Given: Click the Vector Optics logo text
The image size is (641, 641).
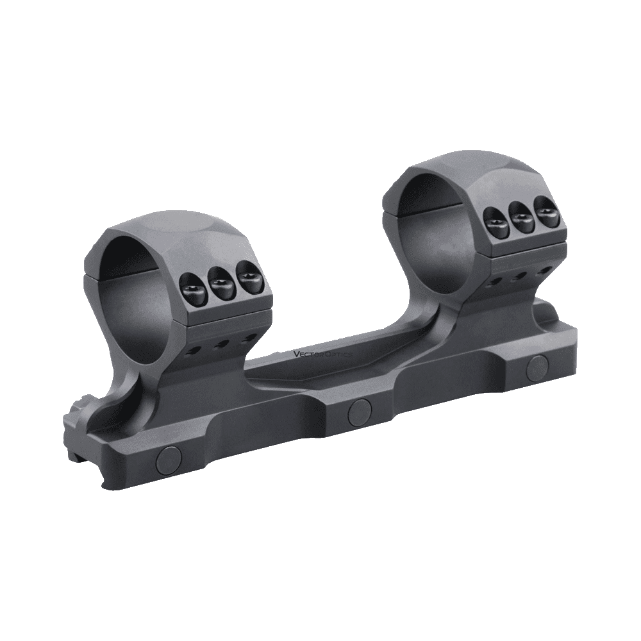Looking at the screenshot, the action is coord(323,354).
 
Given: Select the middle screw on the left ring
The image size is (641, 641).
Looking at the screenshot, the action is coord(221,284).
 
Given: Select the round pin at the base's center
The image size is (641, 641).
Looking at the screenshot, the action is coord(360,412).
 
